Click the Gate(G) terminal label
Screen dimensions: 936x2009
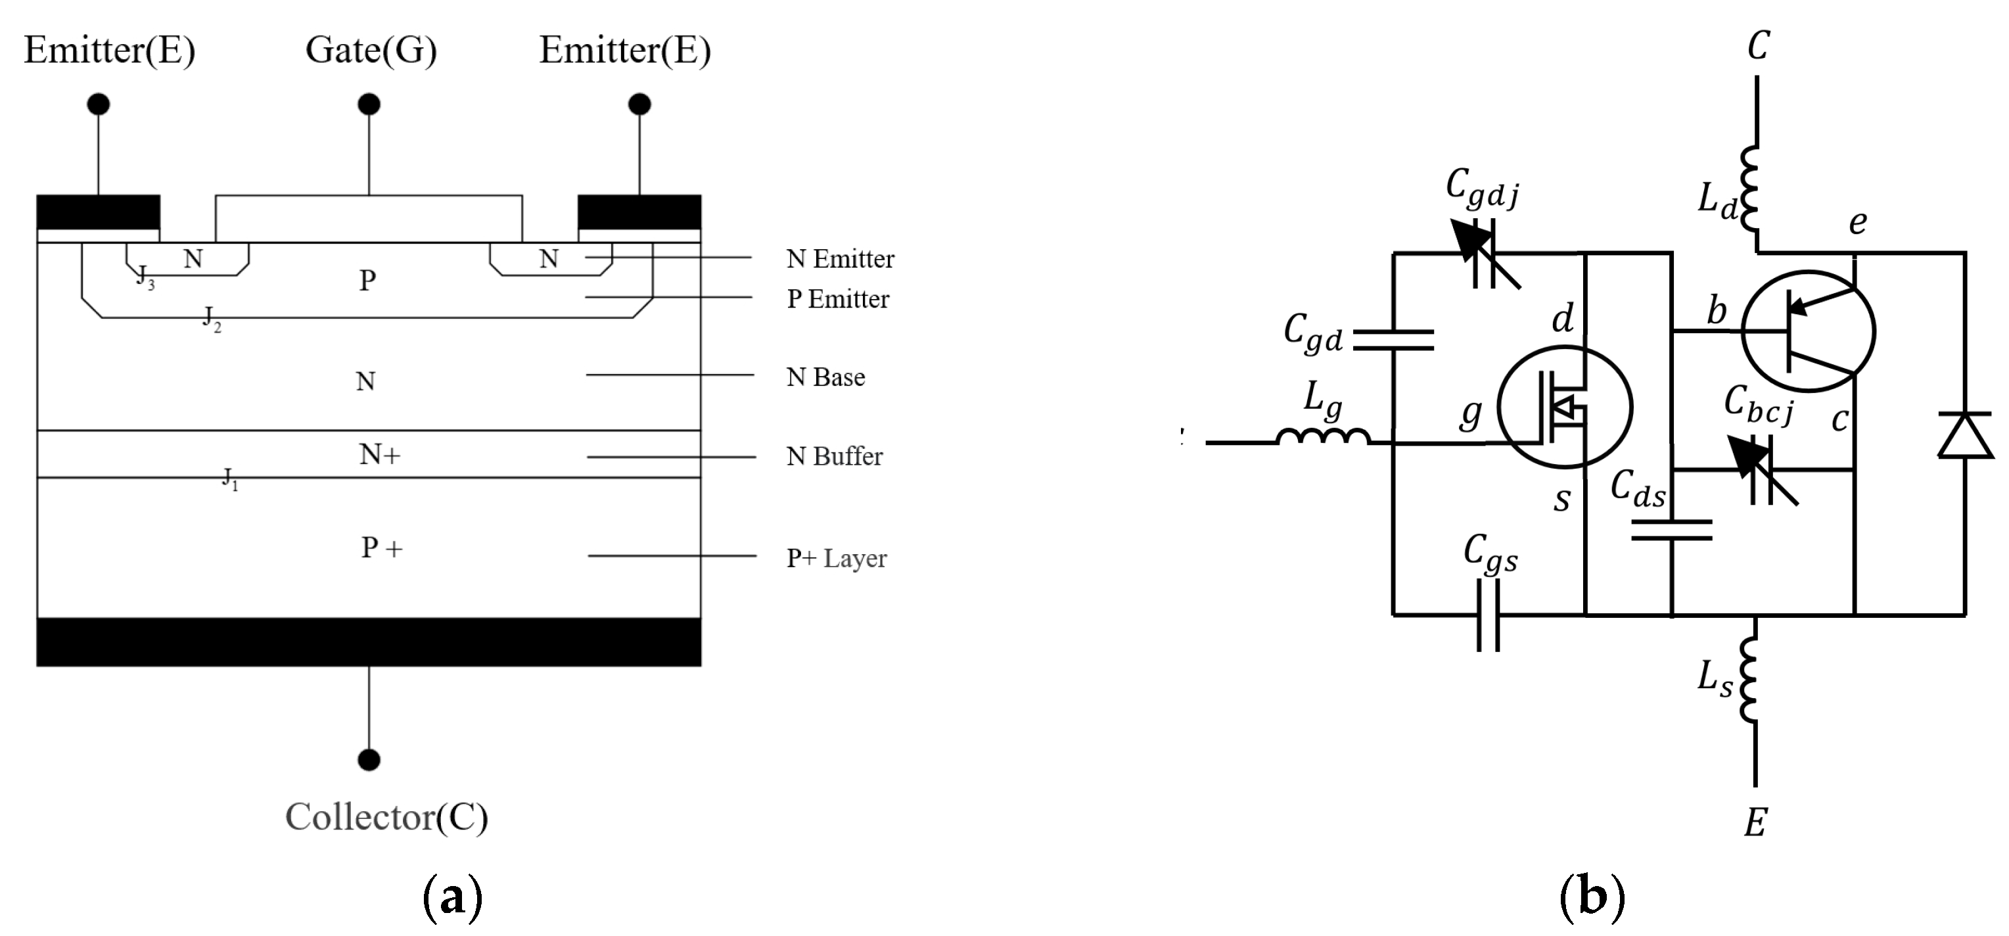click(x=371, y=51)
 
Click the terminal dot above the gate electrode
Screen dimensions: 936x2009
click(x=369, y=104)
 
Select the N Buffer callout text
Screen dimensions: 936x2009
click(x=834, y=456)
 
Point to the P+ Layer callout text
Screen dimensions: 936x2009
click(x=836, y=559)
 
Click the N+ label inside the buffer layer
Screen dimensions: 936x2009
click(x=380, y=454)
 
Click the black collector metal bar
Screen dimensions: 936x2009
click(x=369, y=642)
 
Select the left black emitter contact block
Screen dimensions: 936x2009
click(x=99, y=212)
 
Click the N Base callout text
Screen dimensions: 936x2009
click(x=825, y=377)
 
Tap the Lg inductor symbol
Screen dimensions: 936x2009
click(x=1323, y=437)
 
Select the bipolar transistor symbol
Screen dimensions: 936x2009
click(x=1808, y=331)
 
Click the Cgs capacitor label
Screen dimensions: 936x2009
click(x=1490, y=554)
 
